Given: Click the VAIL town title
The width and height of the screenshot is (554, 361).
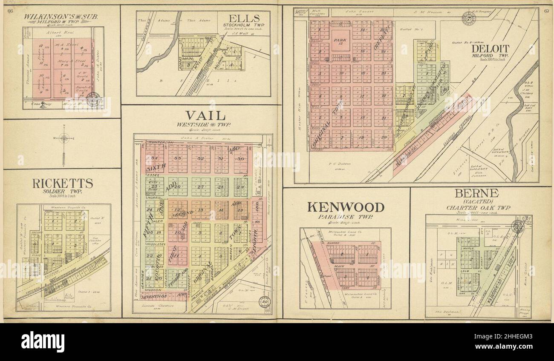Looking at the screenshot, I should pos(205,115).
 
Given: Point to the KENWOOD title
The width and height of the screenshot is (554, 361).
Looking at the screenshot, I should pos(346,207).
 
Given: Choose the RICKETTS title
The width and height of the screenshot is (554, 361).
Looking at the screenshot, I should pos(63,183).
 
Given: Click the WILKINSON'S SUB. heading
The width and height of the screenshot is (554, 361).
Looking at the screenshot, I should pos(61,17).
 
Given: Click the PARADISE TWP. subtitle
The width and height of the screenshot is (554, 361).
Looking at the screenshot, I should pos(346,217).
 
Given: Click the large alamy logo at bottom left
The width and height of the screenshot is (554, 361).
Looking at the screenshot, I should pos(43,341).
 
